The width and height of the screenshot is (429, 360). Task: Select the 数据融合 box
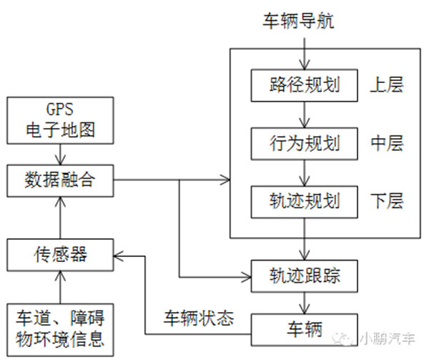(60, 181)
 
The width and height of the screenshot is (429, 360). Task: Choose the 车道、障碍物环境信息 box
(60, 328)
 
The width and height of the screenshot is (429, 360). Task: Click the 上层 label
(387, 85)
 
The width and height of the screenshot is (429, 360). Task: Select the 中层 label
(387, 143)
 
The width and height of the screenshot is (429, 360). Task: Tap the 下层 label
(387, 201)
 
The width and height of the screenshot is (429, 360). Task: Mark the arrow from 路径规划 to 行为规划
(306, 115)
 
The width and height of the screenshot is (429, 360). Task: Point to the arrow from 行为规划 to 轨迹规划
(306, 172)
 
